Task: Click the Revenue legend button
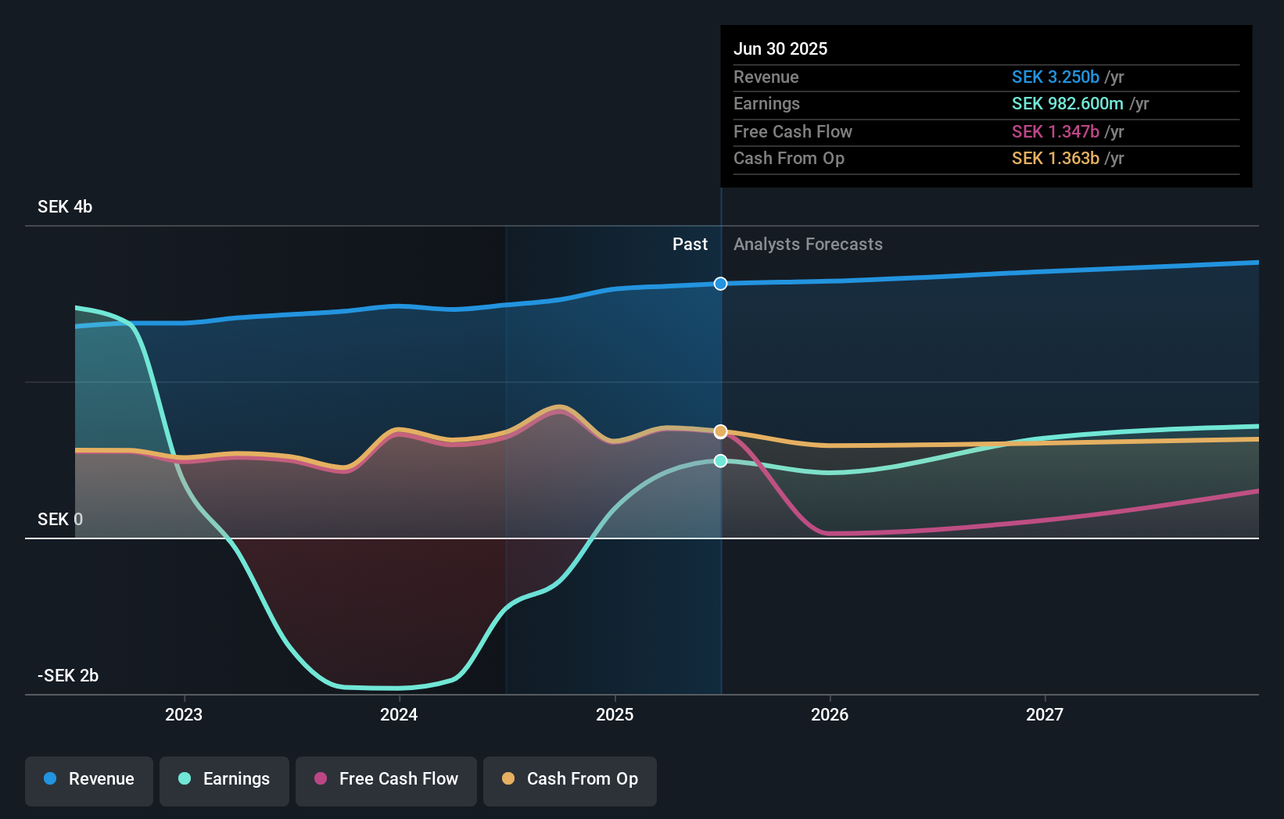[89, 779]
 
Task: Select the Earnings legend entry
[224, 779]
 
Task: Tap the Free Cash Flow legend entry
[386, 779]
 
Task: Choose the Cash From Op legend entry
[570, 779]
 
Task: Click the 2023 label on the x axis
[184, 714]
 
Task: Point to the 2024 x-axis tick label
[399, 714]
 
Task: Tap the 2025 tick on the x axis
[615, 714]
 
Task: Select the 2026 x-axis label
[830, 714]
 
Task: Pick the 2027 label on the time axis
[1045, 714]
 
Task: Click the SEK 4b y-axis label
[65, 206]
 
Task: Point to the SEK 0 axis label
[60, 519]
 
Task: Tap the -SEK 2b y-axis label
[68, 675]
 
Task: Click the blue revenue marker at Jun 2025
[721, 284]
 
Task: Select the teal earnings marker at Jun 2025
[721, 461]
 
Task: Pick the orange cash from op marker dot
[721, 431]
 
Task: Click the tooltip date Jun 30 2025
[780, 48]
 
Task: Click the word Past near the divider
[690, 244]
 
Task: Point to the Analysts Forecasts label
[808, 244]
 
